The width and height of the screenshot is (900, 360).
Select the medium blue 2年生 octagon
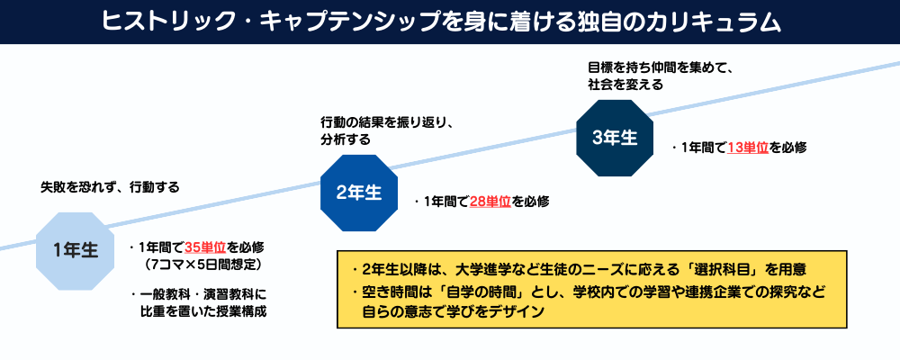[358, 193]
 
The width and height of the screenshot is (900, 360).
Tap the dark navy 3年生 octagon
[615, 138]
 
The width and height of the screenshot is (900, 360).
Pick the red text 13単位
[747, 148]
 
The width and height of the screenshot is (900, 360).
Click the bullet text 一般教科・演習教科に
[203, 293]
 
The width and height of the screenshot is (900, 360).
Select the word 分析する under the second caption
[346, 140]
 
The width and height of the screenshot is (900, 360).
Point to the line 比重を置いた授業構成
[203, 311]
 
